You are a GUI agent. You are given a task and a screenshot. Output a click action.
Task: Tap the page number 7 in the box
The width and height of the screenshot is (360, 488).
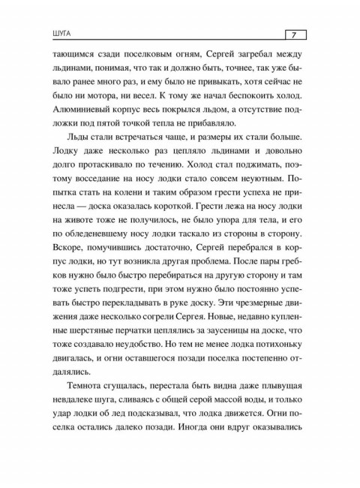(x=294, y=35)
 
